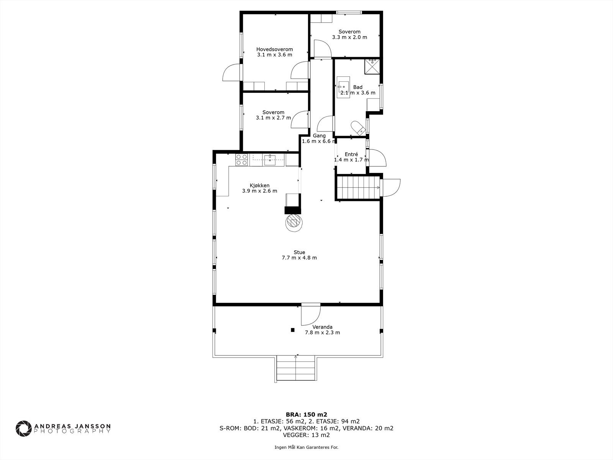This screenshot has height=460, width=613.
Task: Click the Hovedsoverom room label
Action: [275, 49]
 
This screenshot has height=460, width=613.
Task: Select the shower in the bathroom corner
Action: [372, 66]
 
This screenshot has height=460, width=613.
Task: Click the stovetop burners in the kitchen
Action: [242, 160]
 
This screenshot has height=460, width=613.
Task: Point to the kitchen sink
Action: [270, 160]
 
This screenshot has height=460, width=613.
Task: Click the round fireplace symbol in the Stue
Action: [293, 223]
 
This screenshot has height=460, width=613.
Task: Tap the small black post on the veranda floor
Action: [293, 330]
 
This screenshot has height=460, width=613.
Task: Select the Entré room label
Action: [351, 154]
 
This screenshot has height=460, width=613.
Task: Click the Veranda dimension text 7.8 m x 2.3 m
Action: [322, 332]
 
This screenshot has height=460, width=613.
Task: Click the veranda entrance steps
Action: [296, 368]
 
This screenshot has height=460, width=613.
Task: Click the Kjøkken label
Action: [259, 186]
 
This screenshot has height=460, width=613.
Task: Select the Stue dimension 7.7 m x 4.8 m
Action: [299, 258]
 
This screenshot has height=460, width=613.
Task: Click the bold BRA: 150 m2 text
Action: [306, 414]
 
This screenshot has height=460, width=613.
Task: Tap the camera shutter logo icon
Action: [23, 429]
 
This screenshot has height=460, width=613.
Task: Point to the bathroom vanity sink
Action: [343, 87]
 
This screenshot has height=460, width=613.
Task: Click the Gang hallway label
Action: [319, 136]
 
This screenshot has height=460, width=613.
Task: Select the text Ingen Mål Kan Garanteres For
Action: [306, 447]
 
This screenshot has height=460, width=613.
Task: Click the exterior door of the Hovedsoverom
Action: [231, 72]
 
